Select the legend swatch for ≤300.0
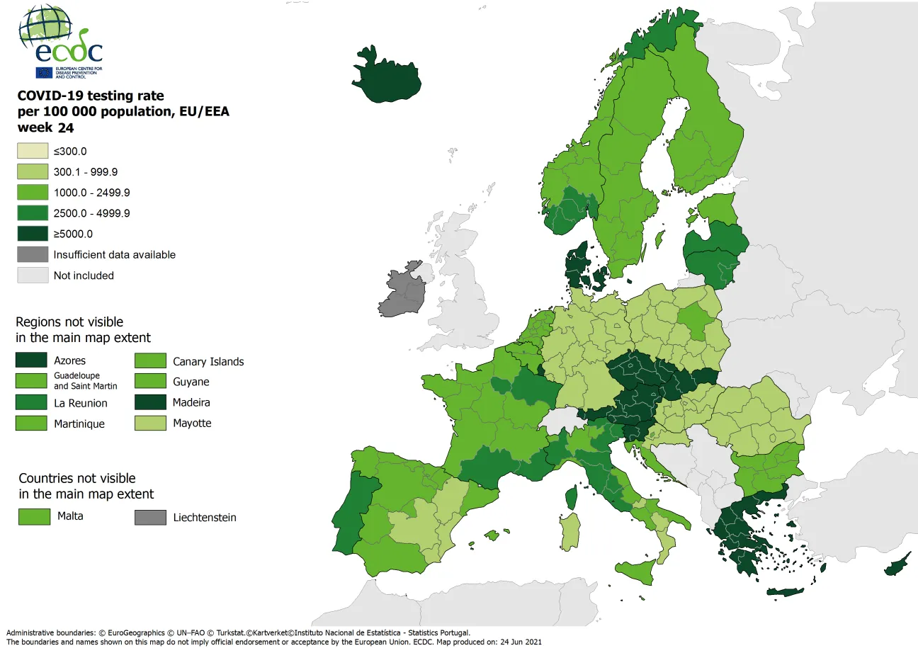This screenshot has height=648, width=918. [31, 151]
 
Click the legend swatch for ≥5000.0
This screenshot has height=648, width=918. [31, 234]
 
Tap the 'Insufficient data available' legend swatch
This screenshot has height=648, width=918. [31, 254]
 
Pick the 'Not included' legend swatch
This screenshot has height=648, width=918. [31, 275]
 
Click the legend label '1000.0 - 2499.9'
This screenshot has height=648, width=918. [91, 193]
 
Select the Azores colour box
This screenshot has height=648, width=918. [31, 360]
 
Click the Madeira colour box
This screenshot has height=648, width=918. [150, 402]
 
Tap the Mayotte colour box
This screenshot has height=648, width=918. [150, 423]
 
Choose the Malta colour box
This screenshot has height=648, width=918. [34, 516]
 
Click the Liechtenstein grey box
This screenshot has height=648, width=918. [150, 517]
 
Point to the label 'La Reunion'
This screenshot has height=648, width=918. [81, 403]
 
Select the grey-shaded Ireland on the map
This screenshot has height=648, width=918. [402, 292]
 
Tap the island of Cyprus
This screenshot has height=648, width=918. [896, 564]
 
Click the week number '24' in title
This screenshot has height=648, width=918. [66, 128]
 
